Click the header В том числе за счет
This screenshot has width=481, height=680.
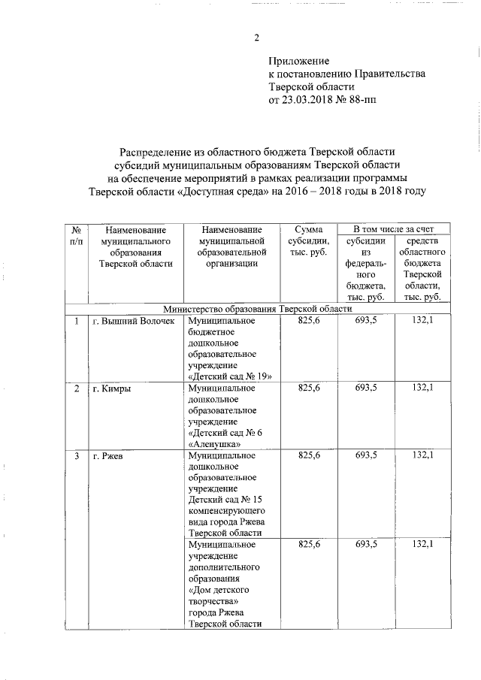click(394, 228)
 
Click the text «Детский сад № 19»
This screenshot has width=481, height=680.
click(228, 376)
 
